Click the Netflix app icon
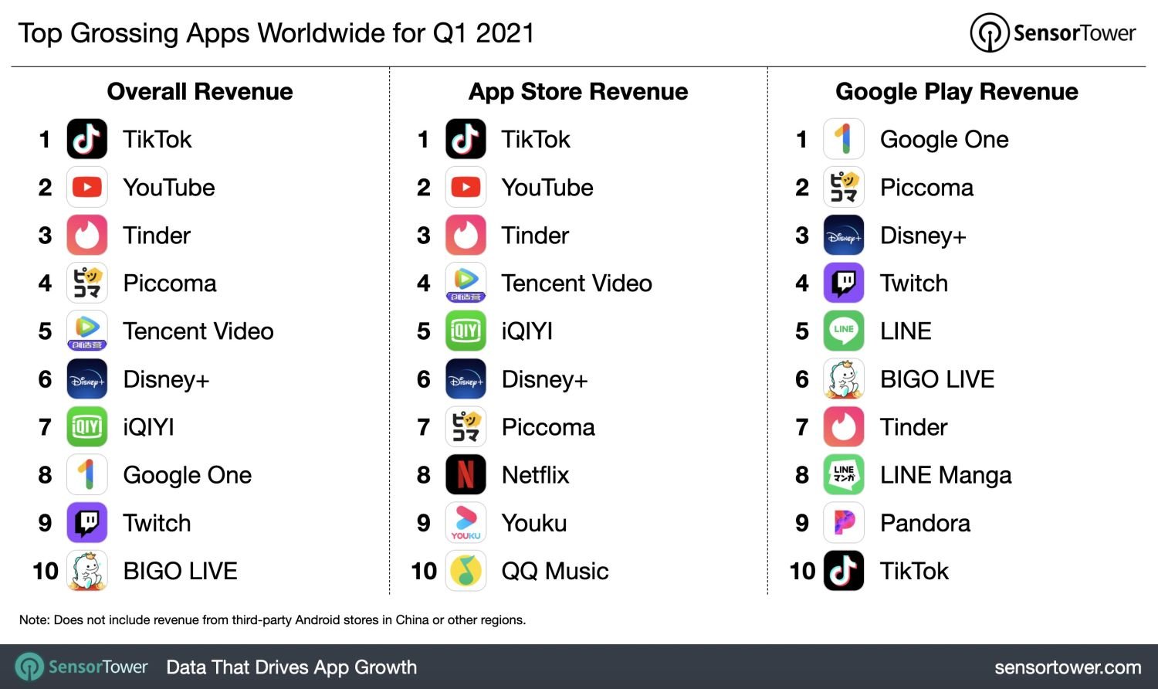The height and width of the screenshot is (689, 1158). click(466, 475)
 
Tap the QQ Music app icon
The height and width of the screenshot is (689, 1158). click(466, 571)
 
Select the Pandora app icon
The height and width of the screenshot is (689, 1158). click(844, 523)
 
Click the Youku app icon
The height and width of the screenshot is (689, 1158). click(466, 523)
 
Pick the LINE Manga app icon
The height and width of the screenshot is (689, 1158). click(844, 475)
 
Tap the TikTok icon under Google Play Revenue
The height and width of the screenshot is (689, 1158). click(844, 571)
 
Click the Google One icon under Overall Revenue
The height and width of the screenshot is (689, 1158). click(87, 475)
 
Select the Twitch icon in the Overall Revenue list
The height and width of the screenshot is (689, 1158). click(87, 523)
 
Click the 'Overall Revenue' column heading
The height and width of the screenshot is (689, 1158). click(200, 92)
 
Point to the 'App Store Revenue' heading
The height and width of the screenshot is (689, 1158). click(578, 92)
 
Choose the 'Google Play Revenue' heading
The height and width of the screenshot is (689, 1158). click(957, 92)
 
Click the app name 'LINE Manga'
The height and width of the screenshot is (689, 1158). click(946, 475)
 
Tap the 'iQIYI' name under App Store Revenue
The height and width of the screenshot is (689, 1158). click(527, 331)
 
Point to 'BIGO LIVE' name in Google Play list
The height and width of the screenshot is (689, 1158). click(937, 379)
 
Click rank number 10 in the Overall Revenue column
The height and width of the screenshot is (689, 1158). click(46, 572)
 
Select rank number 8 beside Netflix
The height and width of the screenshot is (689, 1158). click(424, 476)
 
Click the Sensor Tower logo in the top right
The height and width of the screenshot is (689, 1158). click(1053, 33)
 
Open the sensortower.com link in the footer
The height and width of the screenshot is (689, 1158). click(1068, 667)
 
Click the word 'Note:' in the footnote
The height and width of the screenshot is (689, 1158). click(34, 619)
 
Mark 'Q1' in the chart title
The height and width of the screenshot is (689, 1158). click(450, 34)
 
